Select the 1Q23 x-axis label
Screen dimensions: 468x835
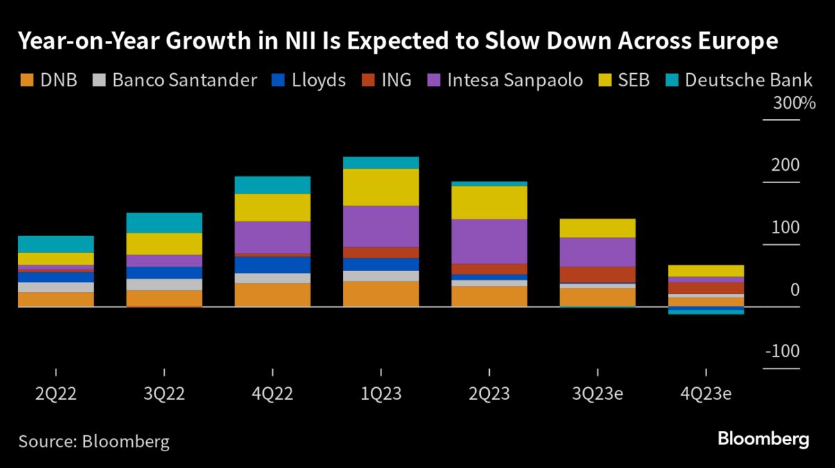click(381, 393)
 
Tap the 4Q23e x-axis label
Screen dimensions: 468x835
click(706, 393)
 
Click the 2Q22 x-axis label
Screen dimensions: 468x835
click(56, 393)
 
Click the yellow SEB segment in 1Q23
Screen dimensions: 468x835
click(381, 187)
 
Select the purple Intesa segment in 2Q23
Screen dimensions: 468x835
click(489, 241)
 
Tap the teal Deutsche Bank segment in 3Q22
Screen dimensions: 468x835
click(164, 223)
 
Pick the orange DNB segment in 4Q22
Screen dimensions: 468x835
click(272, 295)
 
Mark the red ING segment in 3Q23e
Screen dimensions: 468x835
click(598, 274)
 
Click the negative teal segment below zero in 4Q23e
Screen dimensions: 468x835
click(706, 311)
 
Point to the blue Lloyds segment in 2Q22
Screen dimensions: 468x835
click(56, 276)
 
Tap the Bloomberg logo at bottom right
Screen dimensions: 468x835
click(763, 439)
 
